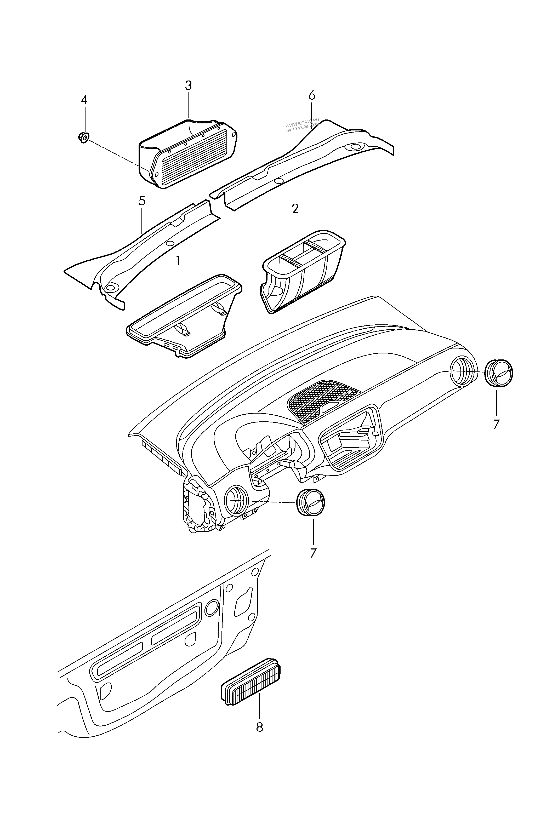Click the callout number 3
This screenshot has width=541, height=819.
[x=188, y=85]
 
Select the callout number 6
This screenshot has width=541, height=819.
[x=312, y=95]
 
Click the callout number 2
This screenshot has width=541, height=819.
[x=295, y=209]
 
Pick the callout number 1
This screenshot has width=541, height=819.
[x=178, y=262]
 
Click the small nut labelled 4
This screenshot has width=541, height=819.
[x=83, y=137]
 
